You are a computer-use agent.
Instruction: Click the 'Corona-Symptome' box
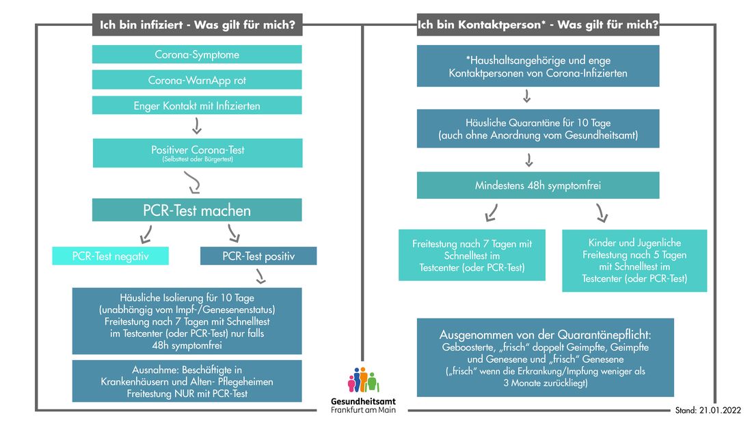coord(197,55)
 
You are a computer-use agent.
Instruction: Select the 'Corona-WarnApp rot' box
coord(197,80)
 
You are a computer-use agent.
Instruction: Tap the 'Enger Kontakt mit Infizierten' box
coord(197,105)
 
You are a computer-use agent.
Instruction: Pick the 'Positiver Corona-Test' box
coord(197,152)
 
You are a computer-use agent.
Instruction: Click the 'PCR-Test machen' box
coord(197,210)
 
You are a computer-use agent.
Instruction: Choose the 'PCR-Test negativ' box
coord(110,256)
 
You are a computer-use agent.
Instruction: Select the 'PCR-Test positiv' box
coord(258,256)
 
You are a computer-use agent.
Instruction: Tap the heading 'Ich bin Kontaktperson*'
coord(538,26)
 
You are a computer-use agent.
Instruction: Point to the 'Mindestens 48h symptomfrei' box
coord(538,185)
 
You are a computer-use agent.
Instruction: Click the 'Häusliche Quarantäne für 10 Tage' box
coord(538,128)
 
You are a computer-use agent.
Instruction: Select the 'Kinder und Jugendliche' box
coord(634,260)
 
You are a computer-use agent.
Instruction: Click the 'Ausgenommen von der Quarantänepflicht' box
coord(545,357)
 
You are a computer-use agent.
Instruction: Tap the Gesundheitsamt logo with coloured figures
coord(363,381)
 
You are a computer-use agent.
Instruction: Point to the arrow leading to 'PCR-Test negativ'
coord(146,235)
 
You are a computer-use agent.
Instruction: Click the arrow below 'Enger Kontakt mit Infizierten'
coord(197,126)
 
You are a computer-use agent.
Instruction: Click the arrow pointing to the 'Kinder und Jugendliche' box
coord(602,215)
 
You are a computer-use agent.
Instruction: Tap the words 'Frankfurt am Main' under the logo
coord(363,410)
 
